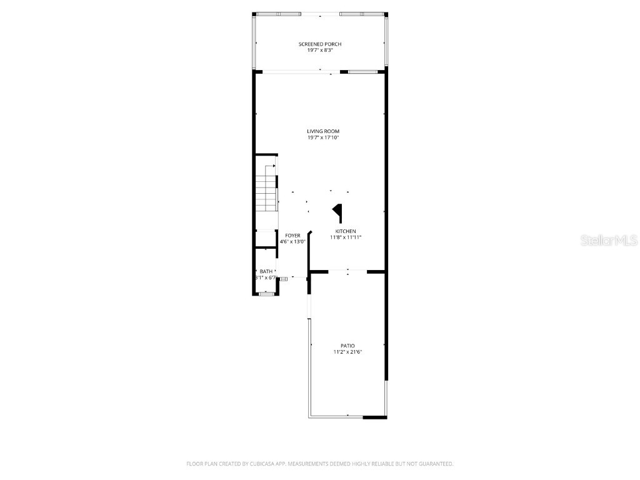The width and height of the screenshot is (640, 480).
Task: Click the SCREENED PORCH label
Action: (x=320, y=44)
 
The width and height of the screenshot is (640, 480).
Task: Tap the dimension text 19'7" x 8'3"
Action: (x=320, y=51)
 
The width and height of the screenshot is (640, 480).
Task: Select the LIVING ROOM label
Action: (x=323, y=131)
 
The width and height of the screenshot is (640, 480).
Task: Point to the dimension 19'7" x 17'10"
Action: (x=323, y=138)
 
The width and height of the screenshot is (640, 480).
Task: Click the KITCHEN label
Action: (x=346, y=231)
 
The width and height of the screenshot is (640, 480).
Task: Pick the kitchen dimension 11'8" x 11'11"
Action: (x=346, y=237)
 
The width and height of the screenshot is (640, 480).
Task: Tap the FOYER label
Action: (x=292, y=236)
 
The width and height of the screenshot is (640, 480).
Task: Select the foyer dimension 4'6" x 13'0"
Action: (x=292, y=242)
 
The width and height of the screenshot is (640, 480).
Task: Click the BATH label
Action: (x=266, y=271)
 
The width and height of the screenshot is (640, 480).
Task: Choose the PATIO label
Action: (x=347, y=346)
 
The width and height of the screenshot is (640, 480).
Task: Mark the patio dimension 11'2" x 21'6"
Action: (x=347, y=352)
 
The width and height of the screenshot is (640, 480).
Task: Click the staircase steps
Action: (x=266, y=194)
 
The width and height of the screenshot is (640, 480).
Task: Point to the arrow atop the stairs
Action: (x=273, y=166)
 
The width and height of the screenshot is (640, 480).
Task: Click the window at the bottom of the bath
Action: (x=267, y=294)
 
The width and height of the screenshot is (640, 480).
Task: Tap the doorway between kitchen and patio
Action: (x=347, y=271)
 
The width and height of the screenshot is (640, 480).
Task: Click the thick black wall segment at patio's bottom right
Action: (x=375, y=417)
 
